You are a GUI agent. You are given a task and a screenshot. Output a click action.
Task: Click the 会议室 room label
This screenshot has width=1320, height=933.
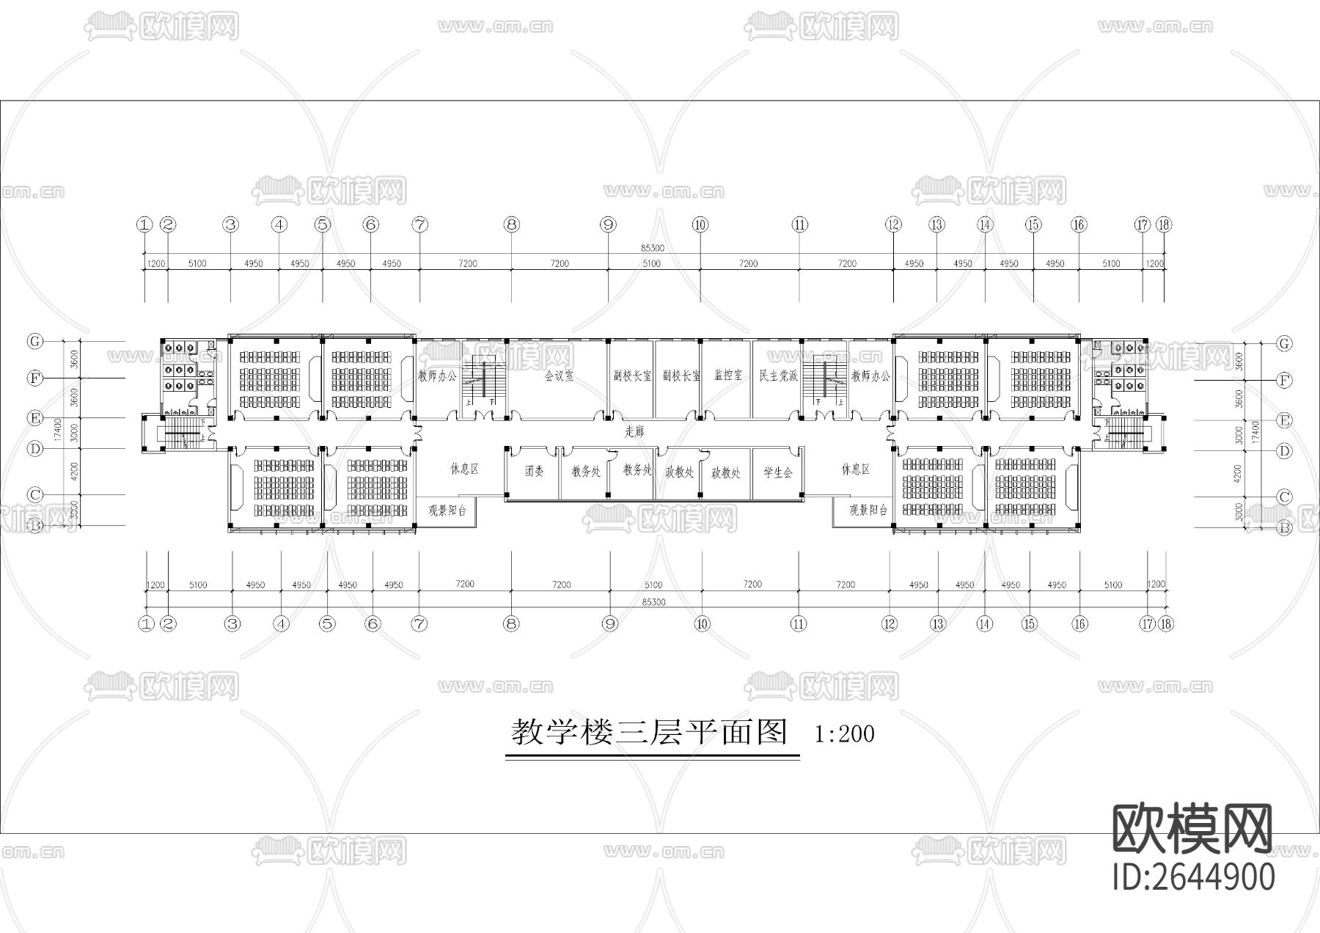[x=559, y=376]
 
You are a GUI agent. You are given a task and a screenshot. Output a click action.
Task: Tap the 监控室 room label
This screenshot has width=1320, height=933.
[x=727, y=375]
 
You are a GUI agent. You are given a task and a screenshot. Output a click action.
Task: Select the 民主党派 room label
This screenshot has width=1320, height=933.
[x=778, y=375]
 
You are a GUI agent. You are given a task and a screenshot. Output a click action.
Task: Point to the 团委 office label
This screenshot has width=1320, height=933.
[x=534, y=472]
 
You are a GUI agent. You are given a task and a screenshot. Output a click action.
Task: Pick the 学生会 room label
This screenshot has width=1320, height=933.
[x=778, y=472]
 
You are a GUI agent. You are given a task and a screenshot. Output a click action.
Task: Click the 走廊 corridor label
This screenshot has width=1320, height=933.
[x=634, y=432]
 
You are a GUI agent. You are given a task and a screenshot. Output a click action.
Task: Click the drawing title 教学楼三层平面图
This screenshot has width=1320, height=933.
[x=649, y=733]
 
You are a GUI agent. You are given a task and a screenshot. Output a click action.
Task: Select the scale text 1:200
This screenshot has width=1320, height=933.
[x=844, y=733]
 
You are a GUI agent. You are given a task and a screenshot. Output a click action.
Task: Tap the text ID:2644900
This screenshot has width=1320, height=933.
[x=1193, y=877]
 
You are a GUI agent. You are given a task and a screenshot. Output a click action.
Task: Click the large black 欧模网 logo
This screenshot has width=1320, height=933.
[x=1192, y=829]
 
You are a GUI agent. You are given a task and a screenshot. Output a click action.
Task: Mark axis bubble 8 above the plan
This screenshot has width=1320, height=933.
[x=511, y=225]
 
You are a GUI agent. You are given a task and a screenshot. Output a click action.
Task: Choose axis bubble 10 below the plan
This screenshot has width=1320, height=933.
[x=702, y=624]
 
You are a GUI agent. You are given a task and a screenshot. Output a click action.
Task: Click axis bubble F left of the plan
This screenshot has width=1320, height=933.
[x=34, y=378]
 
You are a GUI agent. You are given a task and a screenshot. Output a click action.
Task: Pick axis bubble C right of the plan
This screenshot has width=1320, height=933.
[x=1283, y=497]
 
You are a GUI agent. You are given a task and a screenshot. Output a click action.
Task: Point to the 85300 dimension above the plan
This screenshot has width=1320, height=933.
[x=652, y=248]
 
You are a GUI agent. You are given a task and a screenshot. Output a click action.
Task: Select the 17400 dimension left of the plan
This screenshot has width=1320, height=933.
[x=57, y=431]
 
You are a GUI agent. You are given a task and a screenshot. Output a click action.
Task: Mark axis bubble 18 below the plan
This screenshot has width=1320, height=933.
[x=1165, y=624]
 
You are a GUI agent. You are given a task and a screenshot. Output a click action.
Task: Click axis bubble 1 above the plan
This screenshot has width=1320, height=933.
[x=144, y=225]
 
